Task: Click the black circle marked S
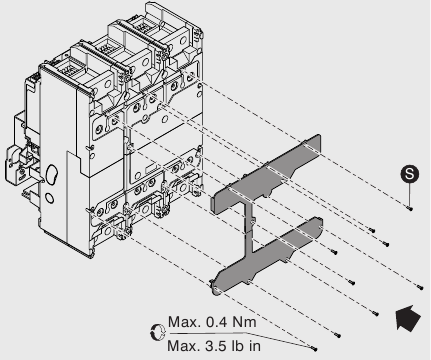(408, 174)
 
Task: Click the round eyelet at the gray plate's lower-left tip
(215, 291)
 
